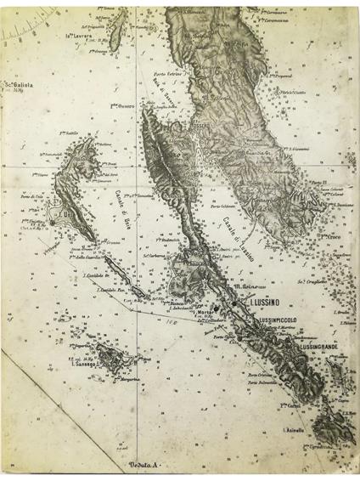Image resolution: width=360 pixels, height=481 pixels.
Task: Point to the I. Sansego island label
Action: [84, 365]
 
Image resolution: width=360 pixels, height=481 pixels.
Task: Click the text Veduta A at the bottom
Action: [145, 467]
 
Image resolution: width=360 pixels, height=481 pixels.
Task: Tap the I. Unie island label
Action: [65, 217]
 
